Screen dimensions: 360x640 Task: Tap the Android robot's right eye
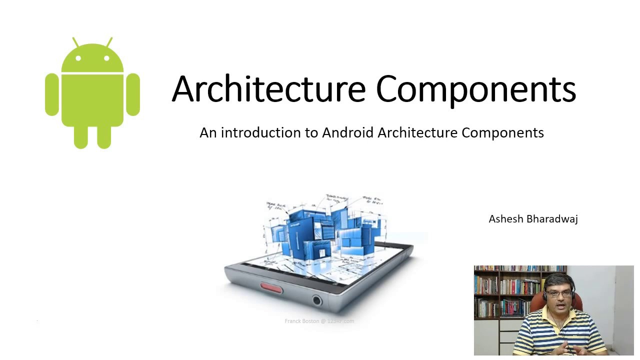pyautogui.click(x=107, y=58)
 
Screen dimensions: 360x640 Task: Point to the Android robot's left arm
pyautogui.click(x=51, y=94)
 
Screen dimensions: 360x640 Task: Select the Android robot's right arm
pyautogui.click(x=133, y=94)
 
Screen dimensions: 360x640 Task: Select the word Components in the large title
pyautogui.click(x=475, y=89)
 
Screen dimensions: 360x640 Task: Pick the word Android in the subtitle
pyautogui.click(x=347, y=132)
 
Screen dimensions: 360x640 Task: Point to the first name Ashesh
pyautogui.click(x=505, y=219)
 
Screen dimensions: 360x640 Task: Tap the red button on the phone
pyautogui.click(x=271, y=288)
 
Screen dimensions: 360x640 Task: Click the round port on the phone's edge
pyautogui.click(x=316, y=300)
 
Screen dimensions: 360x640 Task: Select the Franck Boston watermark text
pyautogui.click(x=319, y=321)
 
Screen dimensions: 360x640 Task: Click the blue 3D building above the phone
pyautogui.click(x=325, y=227)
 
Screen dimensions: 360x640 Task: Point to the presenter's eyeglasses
pyautogui.click(x=558, y=293)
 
